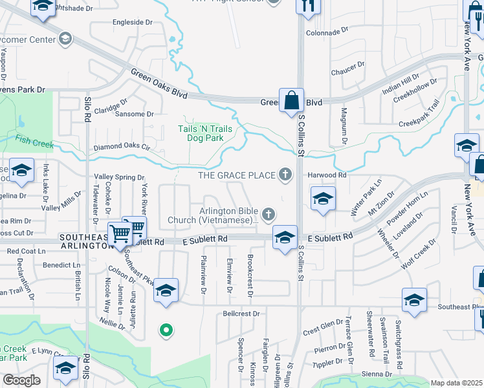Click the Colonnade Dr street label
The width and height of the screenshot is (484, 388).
(327, 31)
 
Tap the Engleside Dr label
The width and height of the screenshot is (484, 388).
(132, 22)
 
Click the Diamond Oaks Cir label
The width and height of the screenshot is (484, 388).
(121, 147)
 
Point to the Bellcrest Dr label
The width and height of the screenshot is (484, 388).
(241, 314)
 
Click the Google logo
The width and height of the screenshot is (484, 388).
(21, 380)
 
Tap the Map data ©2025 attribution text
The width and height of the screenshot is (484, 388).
(456, 383)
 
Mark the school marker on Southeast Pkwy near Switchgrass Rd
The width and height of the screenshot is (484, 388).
(414, 300)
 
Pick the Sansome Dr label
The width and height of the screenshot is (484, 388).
(134, 114)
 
